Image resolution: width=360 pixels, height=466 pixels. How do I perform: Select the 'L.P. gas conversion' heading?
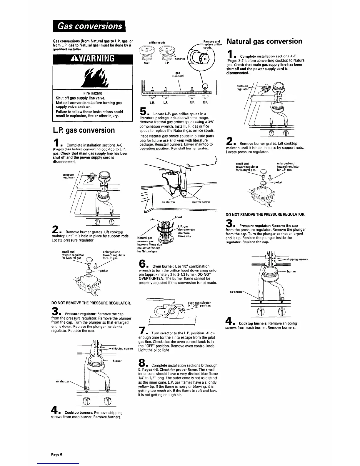click(83, 130)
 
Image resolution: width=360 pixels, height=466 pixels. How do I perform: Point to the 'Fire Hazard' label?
click(84, 93)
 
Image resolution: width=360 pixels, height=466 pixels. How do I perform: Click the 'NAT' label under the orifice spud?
click(145, 63)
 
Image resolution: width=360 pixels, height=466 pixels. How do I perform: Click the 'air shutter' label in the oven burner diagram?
click(169, 202)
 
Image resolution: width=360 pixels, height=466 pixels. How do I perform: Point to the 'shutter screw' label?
click(201, 202)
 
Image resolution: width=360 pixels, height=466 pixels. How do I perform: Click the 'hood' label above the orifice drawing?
click(178, 217)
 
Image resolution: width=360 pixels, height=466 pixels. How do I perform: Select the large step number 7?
click(143, 330)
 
